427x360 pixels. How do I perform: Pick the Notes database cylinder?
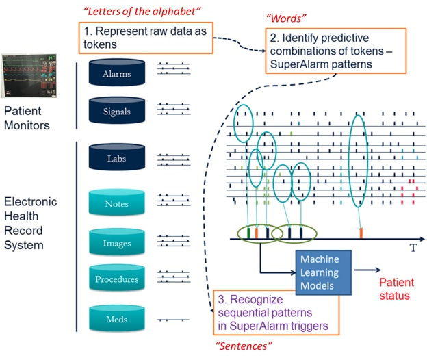click(x=116, y=203)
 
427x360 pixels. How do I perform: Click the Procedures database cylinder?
click(x=116, y=279)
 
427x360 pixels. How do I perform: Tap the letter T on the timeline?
click(x=413, y=249)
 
